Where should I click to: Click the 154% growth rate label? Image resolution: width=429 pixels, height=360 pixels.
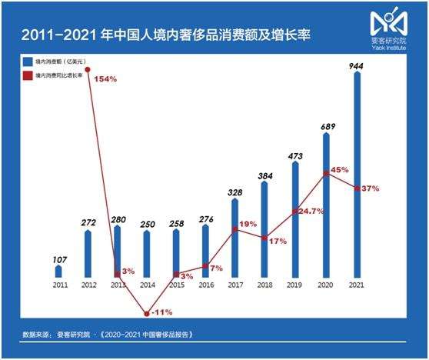tap(106, 79)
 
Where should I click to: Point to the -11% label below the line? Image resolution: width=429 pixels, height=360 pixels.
tap(162, 312)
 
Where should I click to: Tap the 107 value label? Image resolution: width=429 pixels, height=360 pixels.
tap(58, 259)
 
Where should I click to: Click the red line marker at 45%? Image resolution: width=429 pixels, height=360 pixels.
tap(326, 174)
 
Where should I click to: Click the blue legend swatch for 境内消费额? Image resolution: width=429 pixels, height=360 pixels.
tap(26, 58)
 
